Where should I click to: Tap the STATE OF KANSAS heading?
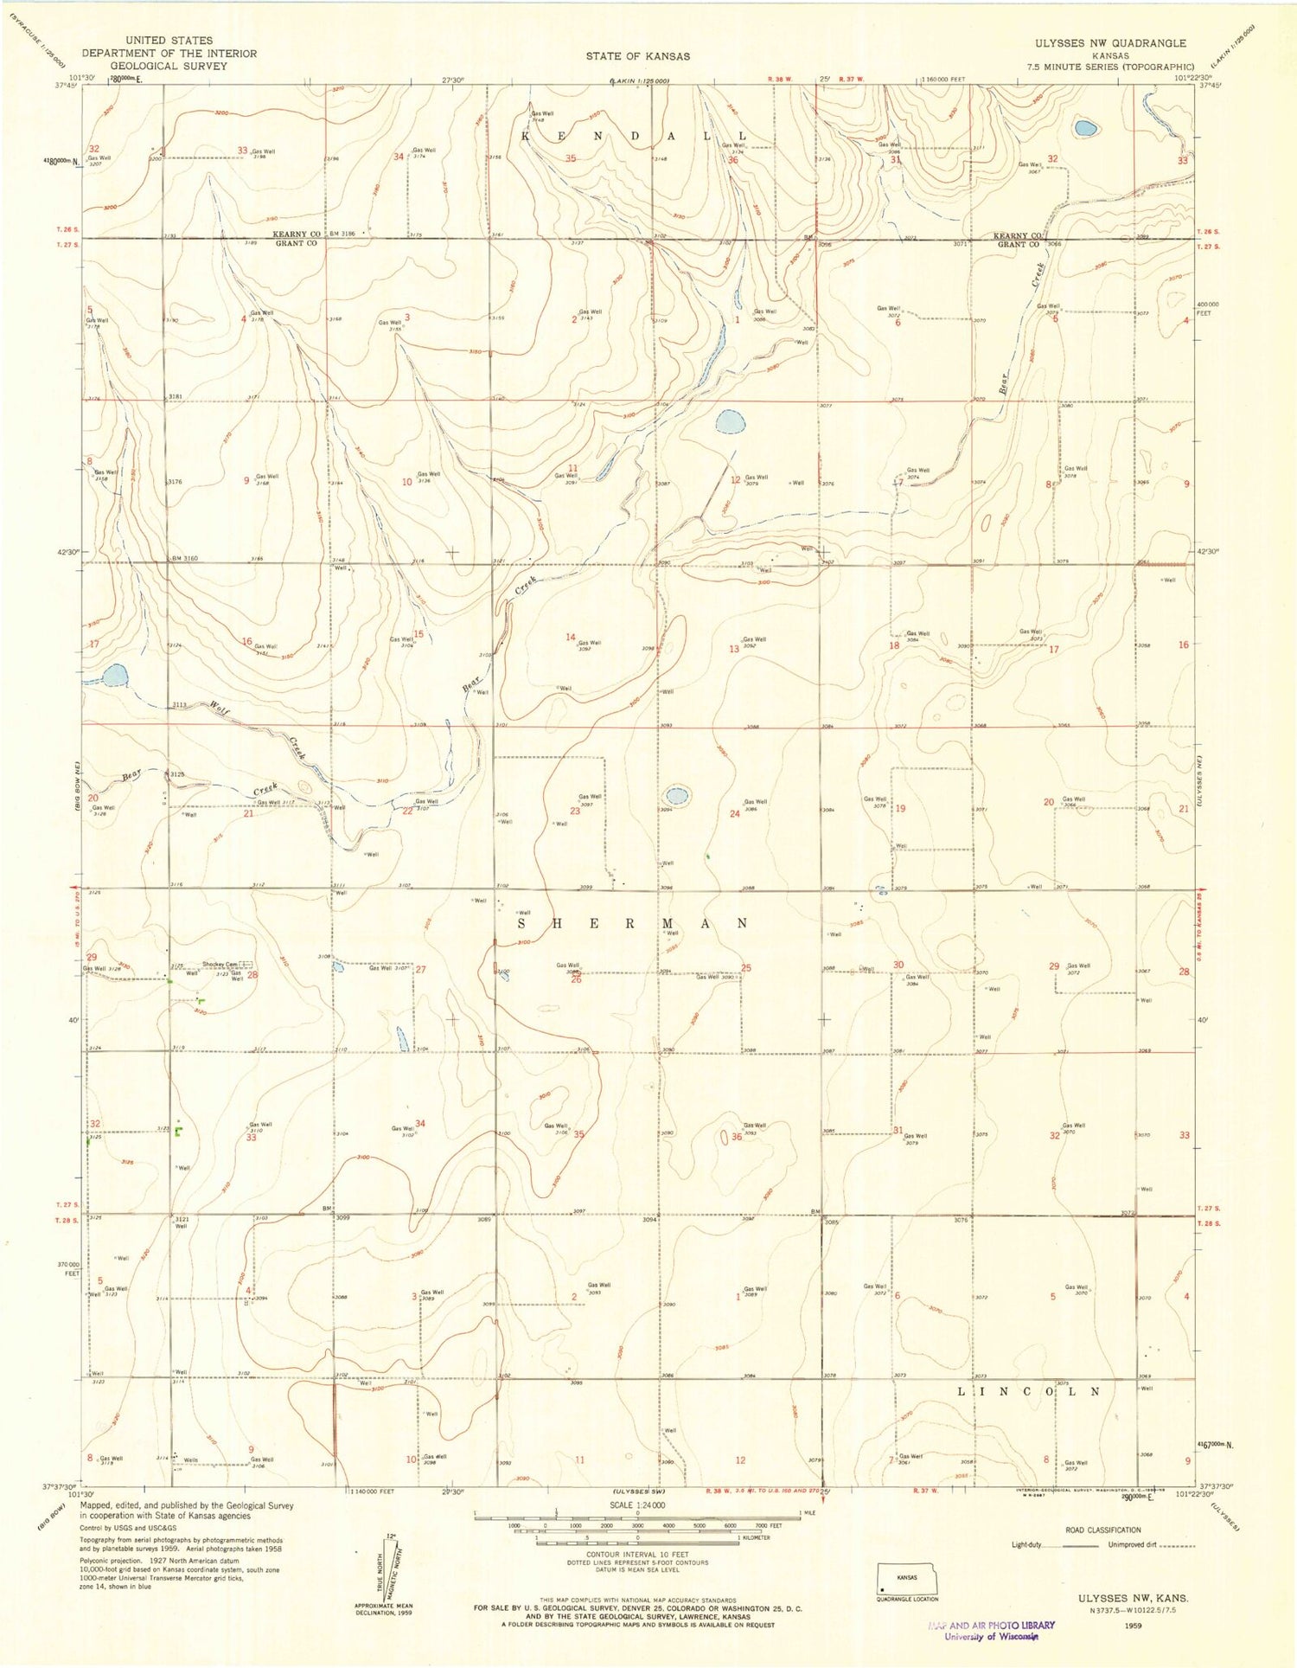click(637, 56)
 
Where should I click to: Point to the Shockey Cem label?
click(220, 965)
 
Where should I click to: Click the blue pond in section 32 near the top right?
click(1085, 128)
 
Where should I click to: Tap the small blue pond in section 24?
click(676, 794)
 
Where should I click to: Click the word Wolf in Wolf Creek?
click(220, 709)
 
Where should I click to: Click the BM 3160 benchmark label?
click(185, 559)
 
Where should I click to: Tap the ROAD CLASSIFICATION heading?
click(1102, 1530)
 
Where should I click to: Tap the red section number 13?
click(734, 649)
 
